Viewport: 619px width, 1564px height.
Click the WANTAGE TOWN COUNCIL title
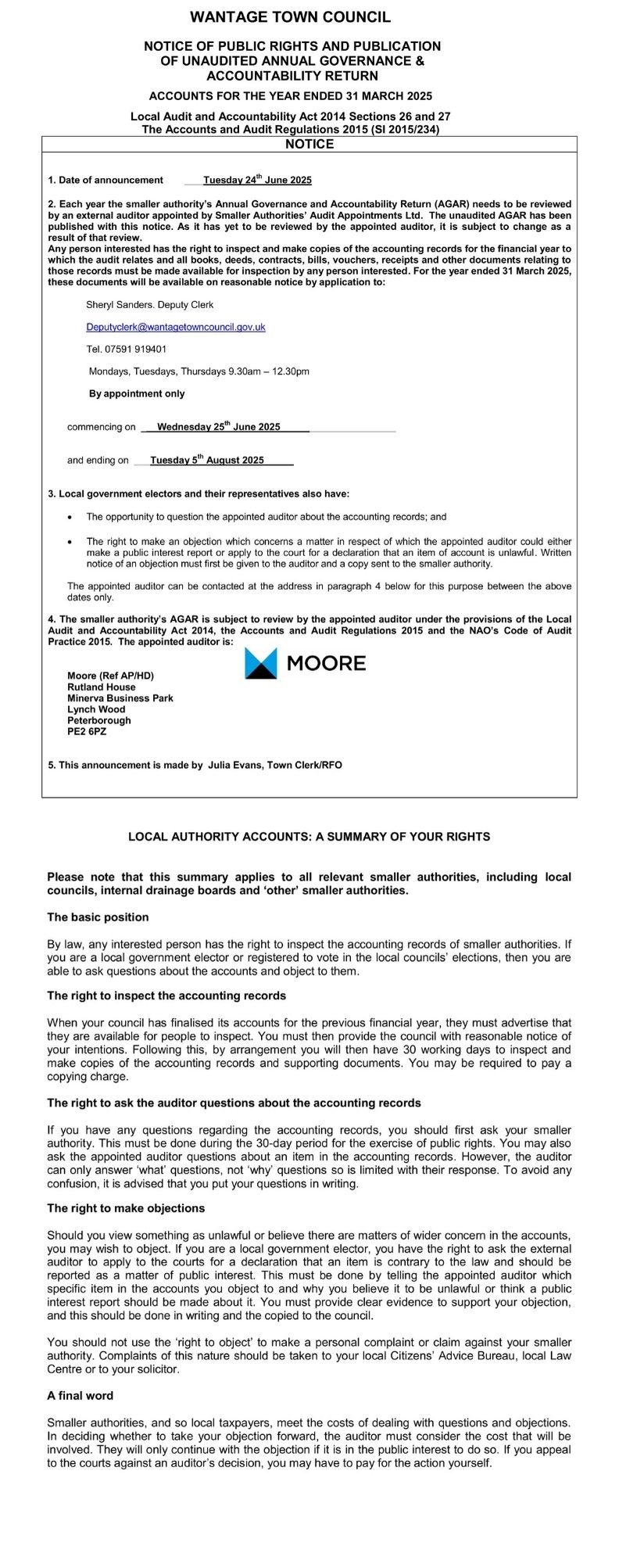point(291,17)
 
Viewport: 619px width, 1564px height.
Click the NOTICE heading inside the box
point(309,145)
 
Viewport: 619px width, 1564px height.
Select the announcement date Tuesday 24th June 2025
point(257,181)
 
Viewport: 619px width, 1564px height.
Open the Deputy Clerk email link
point(176,327)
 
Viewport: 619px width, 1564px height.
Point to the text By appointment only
point(137,394)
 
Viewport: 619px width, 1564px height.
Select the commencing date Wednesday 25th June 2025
point(218,427)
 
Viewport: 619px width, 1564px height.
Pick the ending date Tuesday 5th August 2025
point(207,461)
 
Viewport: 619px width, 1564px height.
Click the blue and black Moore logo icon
point(261,663)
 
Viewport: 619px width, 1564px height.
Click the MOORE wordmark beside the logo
point(326,664)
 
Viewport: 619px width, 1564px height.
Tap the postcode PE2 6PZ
point(87,732)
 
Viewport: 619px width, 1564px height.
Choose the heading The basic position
point(98,917)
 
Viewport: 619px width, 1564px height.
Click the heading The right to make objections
point(126,1208)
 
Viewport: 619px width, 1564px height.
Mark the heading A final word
point(80,1396)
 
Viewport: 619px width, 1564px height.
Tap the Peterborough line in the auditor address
point(99,721)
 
